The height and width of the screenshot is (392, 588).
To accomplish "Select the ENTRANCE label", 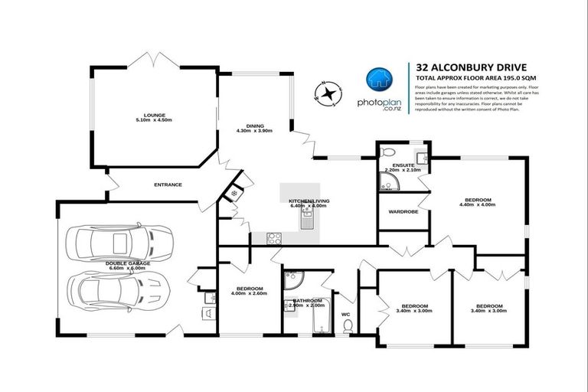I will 168,185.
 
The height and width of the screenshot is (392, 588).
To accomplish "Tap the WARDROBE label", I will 403,211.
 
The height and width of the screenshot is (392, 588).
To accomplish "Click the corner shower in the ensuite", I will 389,181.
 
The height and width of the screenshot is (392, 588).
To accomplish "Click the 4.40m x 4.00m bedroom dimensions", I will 475,204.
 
